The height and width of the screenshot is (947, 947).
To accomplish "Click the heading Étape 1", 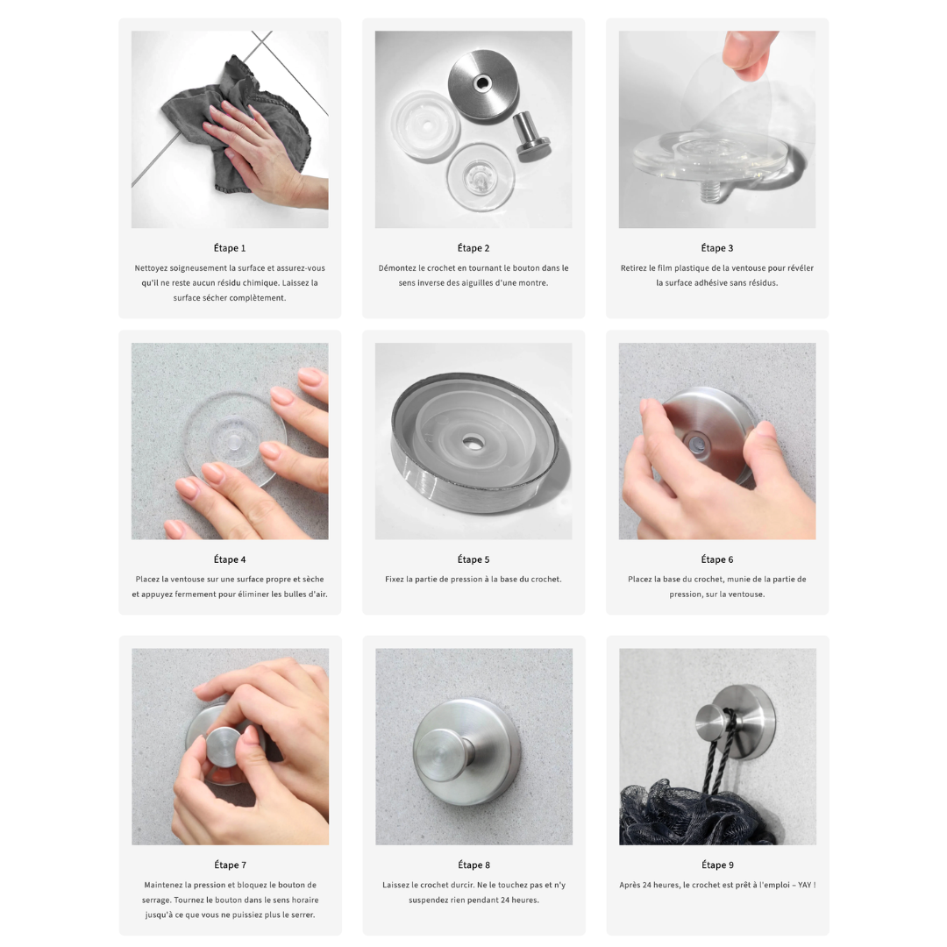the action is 230,248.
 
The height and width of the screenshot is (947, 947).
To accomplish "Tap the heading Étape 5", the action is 473,559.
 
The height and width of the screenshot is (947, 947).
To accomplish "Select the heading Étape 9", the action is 717,865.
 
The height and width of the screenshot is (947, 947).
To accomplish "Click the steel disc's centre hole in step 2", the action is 482,82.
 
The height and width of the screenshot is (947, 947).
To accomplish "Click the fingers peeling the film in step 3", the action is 749,53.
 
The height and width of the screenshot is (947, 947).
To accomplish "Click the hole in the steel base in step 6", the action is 695,444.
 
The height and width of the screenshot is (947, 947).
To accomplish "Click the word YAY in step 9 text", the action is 804,885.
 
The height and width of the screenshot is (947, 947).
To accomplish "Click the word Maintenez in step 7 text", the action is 166,885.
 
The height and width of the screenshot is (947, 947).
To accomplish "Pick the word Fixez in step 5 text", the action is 395,580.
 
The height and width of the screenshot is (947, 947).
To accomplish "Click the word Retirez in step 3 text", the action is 634,268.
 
